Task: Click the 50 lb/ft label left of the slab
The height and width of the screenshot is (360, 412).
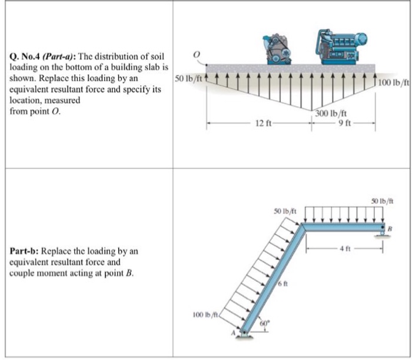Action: pyautogui.click(x=188, y=77)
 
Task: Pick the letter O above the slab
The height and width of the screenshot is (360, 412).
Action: pyautogui.click(x=198, y=55)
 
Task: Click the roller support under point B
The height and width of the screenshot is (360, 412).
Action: pyautogui.click(x=382, y=235)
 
